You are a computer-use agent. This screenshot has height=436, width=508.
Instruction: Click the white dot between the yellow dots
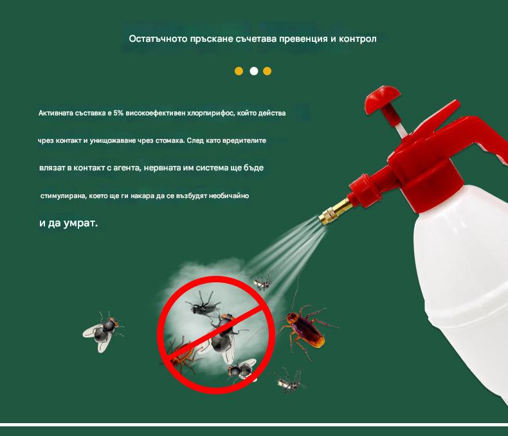tap(254, 71)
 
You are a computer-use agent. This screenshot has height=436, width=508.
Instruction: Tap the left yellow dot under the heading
tap(239, 71)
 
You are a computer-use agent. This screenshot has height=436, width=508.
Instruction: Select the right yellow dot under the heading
tap(268, 71)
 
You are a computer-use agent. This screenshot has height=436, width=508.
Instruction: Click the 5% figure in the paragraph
tap(118, 113)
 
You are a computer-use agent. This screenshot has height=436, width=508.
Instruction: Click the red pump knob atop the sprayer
tap(383, 98)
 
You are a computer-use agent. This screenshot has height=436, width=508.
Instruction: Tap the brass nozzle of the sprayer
tap(335, 211)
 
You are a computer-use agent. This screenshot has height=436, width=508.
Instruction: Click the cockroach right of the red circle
tap(306, 329)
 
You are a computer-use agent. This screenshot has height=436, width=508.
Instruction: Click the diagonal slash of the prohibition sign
tap(215, 334)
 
